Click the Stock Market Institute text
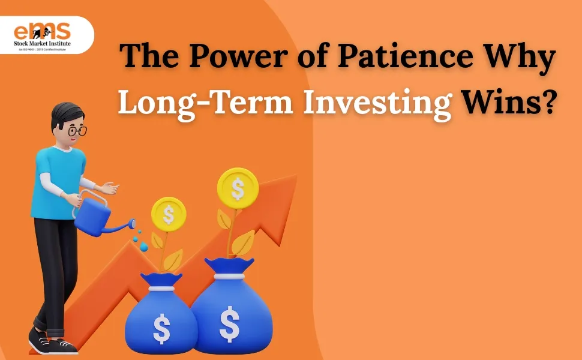click(x=42, y=43)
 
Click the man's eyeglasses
click(x=77, y=130)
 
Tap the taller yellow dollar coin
click(x=238, y=188)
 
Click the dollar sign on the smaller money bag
click(x=161, y=328)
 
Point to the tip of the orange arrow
click(x=292, y=179)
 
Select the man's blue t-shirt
click(x=57, y=180)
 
